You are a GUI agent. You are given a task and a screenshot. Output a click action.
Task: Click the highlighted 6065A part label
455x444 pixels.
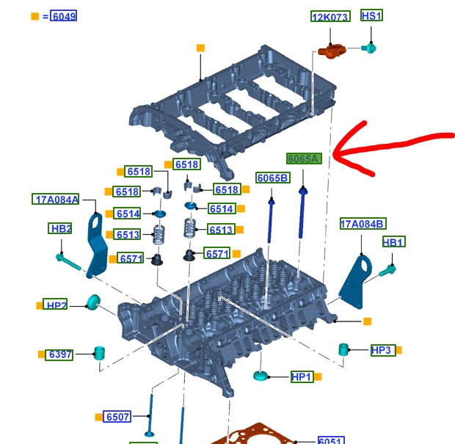(x=304, y=159)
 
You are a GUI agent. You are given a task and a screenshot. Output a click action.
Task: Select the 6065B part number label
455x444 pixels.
(x=272, y=178)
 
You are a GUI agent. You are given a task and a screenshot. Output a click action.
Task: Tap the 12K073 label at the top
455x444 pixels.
(x=330, y=17)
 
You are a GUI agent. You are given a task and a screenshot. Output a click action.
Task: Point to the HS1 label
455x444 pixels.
(x=371, y=15)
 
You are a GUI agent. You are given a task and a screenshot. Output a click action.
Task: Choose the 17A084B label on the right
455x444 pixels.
(x=363, y=224)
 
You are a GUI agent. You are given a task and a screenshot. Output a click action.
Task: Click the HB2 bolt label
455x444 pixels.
(x=60, y=229)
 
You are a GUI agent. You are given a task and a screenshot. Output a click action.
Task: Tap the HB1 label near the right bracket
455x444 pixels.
(x=393, y=242)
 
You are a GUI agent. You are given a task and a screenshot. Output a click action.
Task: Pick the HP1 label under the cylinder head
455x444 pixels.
(x=301, y=377)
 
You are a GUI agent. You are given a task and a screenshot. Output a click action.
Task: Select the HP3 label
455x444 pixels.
(x=382, y=350)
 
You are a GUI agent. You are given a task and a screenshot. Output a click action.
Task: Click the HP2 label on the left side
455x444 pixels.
(x=56, y=305)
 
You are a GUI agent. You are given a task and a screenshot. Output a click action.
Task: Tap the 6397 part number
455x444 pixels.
(x=61, y=354)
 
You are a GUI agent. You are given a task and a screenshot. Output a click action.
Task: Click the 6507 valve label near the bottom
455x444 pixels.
(x=117, y=417)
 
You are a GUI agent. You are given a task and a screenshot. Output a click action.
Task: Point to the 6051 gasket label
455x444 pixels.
(x=331, y=440)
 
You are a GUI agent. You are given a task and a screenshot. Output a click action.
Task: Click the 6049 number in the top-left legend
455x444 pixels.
(x=63, y=16)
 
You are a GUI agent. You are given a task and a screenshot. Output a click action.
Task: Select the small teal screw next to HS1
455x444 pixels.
(x=371, y=48)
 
